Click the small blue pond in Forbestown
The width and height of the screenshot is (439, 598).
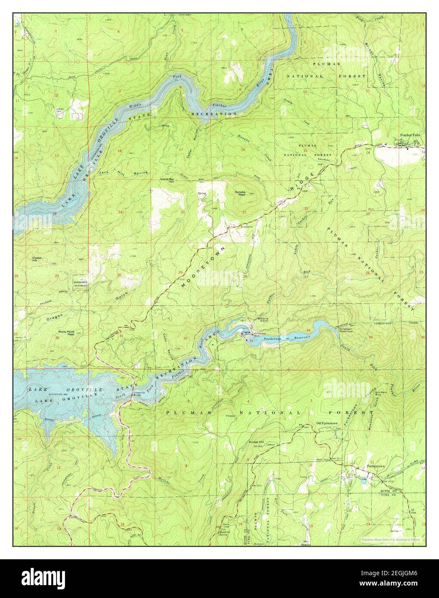pyautogui.click(x=364, y=481)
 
